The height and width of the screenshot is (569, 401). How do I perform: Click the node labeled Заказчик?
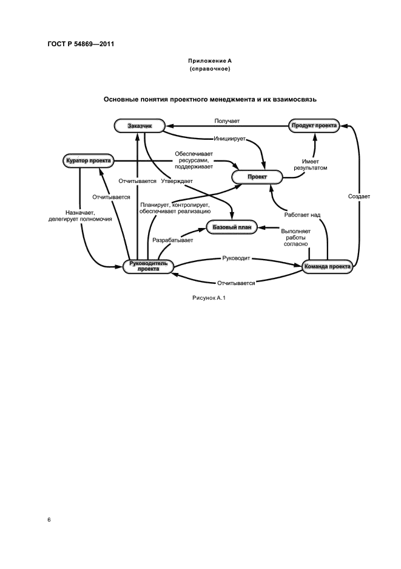coord(140,125)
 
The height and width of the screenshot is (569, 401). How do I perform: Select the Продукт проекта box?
coord(314,125)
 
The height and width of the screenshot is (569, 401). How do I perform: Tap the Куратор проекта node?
coord(88,160)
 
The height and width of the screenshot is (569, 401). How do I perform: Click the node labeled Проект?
coord(257,177)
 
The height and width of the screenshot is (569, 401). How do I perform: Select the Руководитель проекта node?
coord(149,266)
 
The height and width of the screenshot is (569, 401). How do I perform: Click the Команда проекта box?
coord(327,266)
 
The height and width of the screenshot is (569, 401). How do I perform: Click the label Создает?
coord(359,196)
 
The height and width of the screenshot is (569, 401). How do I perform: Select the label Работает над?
coord(302,215)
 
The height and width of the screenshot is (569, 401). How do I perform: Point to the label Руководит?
coord(236,259)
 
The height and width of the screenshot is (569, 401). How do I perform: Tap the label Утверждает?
coord(177,181)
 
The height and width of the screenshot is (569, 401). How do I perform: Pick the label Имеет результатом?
coord(310,164)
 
